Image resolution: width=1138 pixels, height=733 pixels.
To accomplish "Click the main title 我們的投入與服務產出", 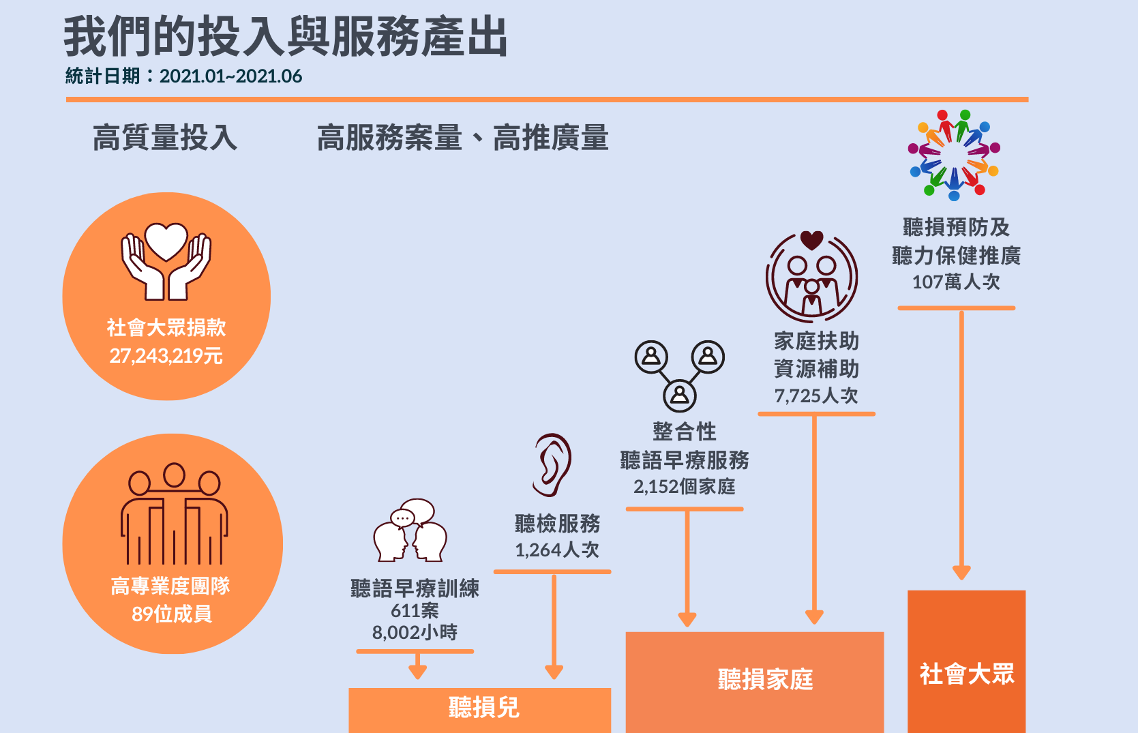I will pyautogui.click(x=286, y=37).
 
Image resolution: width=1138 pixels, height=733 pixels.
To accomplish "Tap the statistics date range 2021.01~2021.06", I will pyautogui.click(x=230, y=76).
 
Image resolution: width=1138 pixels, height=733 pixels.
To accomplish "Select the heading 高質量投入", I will pyautogui.click(x=165, y=138).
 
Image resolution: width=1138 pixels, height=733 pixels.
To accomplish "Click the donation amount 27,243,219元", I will pyautogui.click(x=166, y=356).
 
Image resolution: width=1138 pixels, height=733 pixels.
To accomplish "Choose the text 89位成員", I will pyautogui.click(x=172, y=614).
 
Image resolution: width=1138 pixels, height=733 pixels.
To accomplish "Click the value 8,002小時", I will pyautogui.click(x=415, y=633).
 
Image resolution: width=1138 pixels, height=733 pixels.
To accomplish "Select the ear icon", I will pyautogui.click(x=552, y=465).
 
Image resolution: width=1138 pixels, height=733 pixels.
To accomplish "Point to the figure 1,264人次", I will pyautogui.click(x=557, y=550).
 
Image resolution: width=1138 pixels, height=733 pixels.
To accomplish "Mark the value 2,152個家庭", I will pyautogui.click(x=684, y=487).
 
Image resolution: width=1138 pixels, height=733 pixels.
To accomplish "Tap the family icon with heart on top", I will pyautogui.click(x=811, y=277).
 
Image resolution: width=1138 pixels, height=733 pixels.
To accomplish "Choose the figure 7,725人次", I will pyautogui.click(x=815, y=395).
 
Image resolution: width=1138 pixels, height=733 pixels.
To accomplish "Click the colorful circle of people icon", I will pyautogui.click(x=954, y=155).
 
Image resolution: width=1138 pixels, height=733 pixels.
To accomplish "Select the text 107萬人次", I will pyautogui.click(x=956, y=282).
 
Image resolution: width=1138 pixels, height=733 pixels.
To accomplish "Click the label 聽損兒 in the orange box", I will pyautogui.click(x=483, y=708).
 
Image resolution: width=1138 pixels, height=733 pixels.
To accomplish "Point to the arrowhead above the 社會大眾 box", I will pyautogui.click(x=961, y=572).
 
